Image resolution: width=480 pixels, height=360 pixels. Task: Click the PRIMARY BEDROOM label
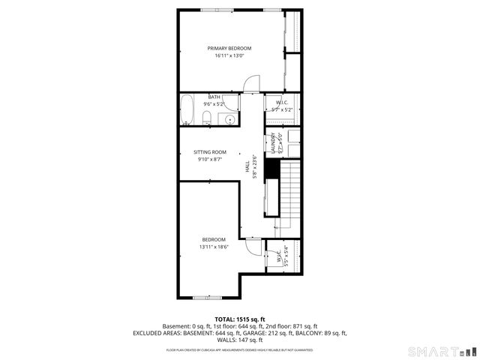click(x=229, y=48)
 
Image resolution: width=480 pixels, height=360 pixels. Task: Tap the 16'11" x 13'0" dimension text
click(x=229, y=56)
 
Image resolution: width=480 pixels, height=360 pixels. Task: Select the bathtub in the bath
click(x=188, y=110)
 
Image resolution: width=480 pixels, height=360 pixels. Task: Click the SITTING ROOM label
click(x=210, y=151)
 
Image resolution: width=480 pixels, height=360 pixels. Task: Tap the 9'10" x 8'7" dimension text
click(x=210, y=160)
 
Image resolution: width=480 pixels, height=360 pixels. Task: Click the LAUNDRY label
click(x=273, y=143)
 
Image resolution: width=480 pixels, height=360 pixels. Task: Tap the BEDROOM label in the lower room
click(x=213, y=239)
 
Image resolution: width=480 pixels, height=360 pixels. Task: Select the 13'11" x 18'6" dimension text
click(x=213, y=247)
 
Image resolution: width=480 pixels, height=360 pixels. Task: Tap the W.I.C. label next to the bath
click(x=282, y=103)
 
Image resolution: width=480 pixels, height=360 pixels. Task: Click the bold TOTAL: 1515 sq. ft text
click(x=239, y=319)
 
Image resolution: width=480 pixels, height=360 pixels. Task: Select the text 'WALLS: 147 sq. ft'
click(x=239, y=340)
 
